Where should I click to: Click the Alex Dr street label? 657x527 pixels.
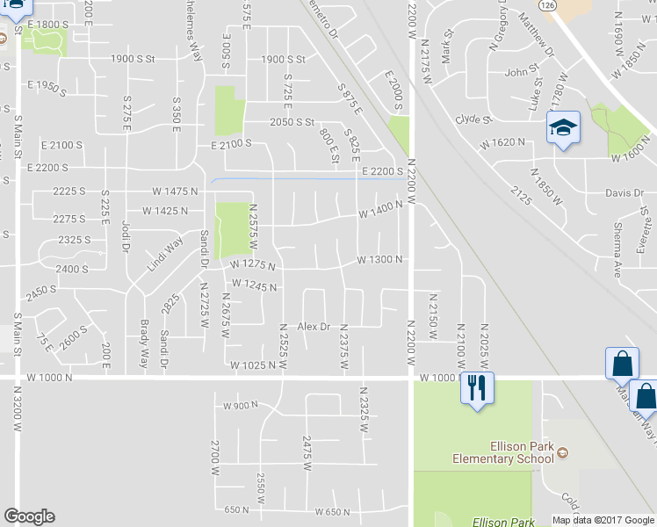tap(314, 327)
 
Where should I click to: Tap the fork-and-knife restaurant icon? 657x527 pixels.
tap(478, 387)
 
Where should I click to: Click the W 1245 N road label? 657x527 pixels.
tap(255, 286)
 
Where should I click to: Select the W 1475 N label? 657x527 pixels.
tap(176, 191)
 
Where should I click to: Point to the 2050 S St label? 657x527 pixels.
tap(292, 122)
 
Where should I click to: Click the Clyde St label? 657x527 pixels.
tap(472, 119)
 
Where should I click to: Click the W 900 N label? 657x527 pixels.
tap(243, 406)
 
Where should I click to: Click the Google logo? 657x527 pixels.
tap(29, 516)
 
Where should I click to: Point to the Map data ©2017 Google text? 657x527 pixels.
tap(603, 520)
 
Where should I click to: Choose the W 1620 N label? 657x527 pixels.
tap(502, 141)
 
